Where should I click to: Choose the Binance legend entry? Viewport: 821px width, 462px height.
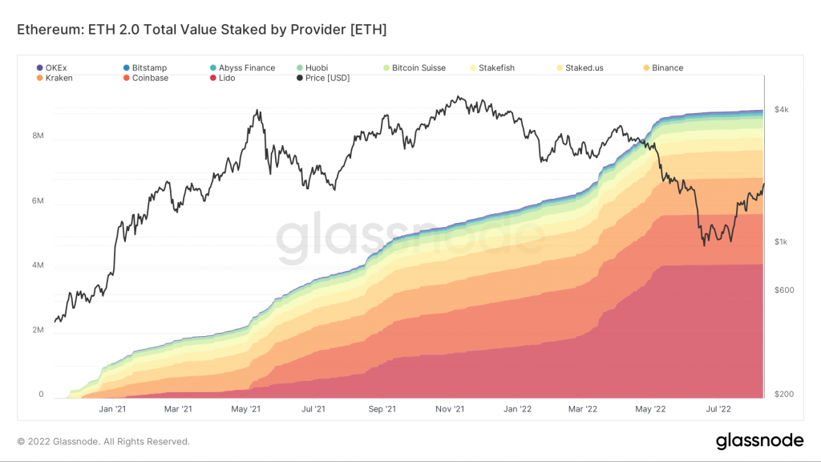[667, 68]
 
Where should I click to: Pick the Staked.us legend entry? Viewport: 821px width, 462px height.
[584, 68]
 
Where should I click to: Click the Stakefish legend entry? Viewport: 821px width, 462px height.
[499, 68]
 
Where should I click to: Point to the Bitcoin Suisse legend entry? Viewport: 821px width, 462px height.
[418, 68]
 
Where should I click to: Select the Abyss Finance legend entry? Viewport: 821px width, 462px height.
[247, 68]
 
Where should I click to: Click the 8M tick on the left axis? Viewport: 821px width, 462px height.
[37, 136]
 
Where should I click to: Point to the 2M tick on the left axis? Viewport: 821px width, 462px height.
[37, 330]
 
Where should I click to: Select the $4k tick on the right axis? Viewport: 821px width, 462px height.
[781, 111]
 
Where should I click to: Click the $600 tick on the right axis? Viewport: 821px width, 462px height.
[783, 290]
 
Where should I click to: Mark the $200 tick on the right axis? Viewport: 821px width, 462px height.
[783, 395]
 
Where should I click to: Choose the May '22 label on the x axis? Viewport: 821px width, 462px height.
[650, 409]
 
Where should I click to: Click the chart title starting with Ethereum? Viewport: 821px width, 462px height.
[202, 30]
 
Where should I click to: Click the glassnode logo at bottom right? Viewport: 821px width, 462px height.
[759, 440]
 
